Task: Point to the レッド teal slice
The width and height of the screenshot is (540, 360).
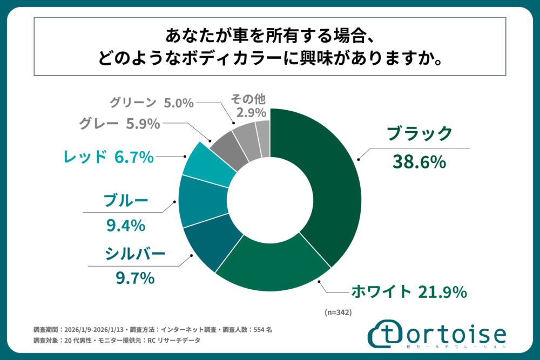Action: pos(202,165)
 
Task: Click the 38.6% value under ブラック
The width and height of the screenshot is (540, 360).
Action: pos(419,161)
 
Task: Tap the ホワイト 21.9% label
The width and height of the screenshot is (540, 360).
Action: pos(408,292)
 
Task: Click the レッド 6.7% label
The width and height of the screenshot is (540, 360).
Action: pos(109,157)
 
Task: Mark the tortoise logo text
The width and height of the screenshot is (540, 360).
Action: pos(457,333)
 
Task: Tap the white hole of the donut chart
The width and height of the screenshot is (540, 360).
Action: pos(270,200)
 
